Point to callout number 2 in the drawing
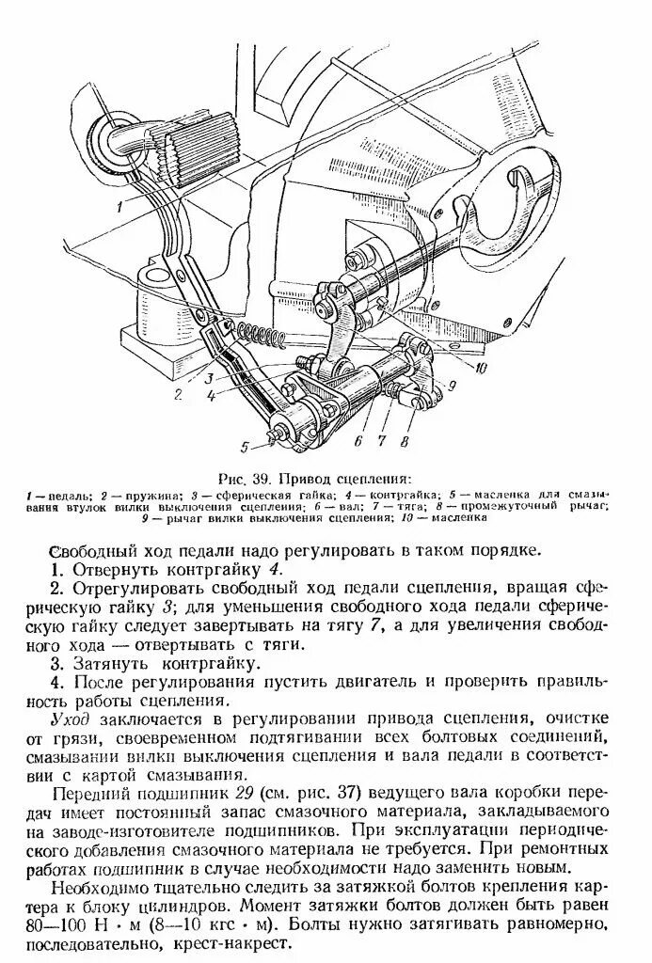(176, 395)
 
